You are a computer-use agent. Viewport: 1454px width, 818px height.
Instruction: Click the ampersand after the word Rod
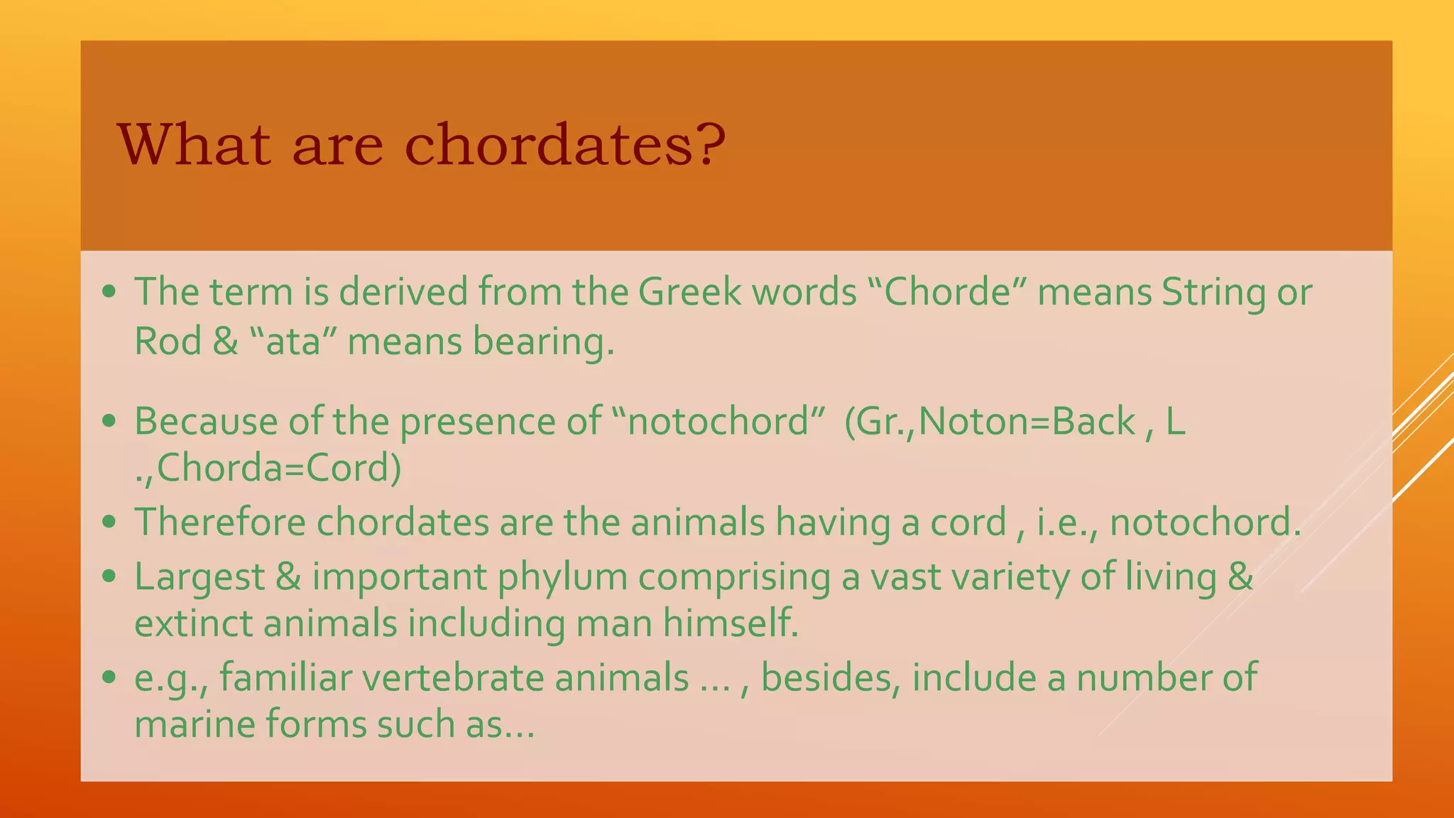tap(225, 342)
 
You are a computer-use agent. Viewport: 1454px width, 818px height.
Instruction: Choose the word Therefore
tap(220, 522)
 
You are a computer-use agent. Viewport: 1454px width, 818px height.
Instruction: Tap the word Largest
tap(199, 576)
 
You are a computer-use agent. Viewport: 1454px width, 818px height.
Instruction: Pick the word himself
tap(731, 624)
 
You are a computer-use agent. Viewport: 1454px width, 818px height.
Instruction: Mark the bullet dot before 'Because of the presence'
tap(109, 421)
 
